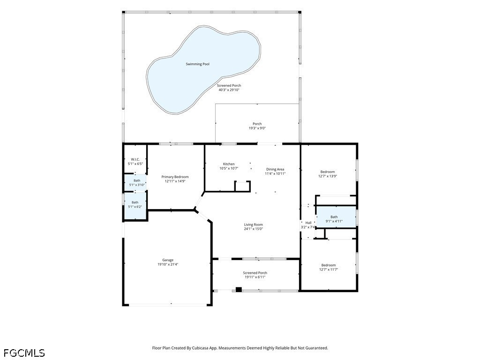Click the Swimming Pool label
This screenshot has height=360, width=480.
[197, 64]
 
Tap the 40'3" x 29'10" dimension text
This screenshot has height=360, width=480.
[229, 90]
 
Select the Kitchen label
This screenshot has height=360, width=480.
[229, 164]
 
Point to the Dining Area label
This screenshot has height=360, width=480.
[275, 169]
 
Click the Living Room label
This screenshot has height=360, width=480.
[254, 225]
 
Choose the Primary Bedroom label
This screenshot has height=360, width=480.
[175, 177]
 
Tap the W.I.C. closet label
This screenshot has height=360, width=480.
[135, 159]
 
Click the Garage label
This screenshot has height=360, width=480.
[168, 260]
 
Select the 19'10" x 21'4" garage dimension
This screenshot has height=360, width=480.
[168, 264]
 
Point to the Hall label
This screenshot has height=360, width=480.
[308, 223]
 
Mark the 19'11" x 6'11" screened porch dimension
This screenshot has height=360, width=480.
[255, 277]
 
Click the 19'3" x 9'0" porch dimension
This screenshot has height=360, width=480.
[257, 128]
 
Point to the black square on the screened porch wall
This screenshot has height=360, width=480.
[239, 289]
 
